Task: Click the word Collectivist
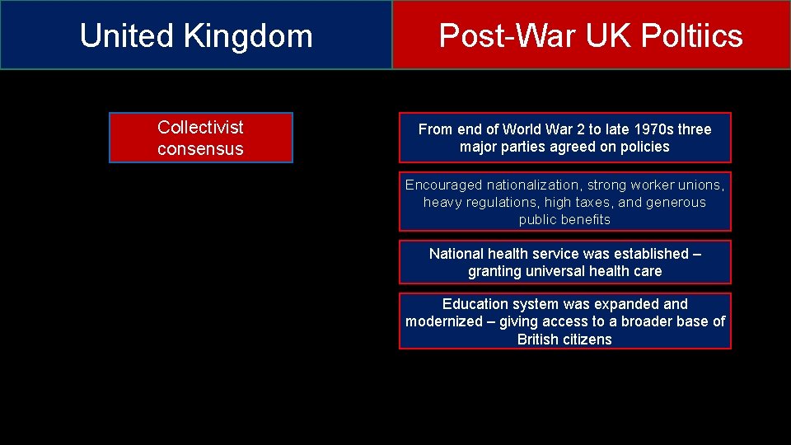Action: coord(200,127)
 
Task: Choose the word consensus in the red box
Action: coord(200,149)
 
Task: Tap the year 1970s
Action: coord(653,129)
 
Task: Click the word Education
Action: coord(476,304)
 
